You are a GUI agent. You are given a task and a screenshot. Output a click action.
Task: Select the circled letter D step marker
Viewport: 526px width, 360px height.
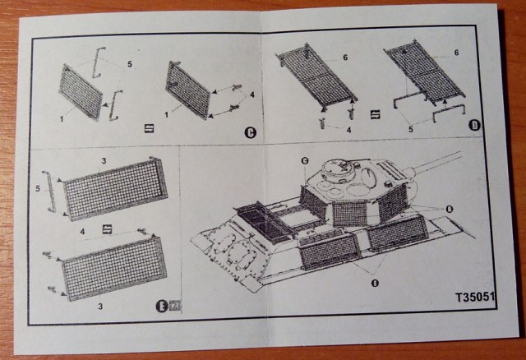[473, 125]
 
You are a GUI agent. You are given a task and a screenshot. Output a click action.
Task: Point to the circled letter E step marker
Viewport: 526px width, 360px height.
[162, 307]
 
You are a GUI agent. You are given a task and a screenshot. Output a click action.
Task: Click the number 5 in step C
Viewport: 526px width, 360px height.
[129, 63]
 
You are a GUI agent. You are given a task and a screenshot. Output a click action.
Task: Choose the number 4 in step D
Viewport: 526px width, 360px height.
[349, 129]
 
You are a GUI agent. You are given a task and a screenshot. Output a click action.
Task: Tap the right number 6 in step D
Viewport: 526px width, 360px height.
[454, 53]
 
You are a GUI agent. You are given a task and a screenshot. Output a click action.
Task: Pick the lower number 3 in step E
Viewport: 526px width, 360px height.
[100, 305]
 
